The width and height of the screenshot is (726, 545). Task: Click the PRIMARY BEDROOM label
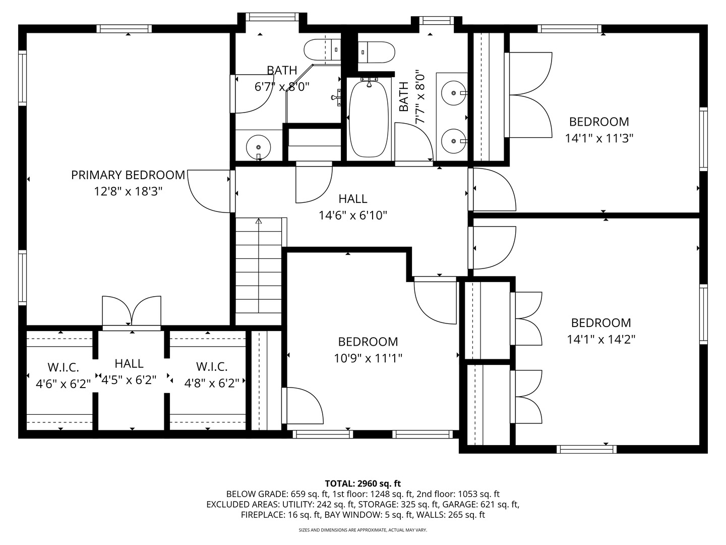(128, 175)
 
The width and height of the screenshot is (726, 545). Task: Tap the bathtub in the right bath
(369, 118)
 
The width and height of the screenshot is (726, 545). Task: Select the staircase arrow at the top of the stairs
(259, 221)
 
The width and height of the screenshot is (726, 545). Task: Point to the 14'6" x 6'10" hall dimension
(352, 216)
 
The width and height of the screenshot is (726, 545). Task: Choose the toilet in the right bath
(377, 52)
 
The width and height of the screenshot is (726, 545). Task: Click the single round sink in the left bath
(258, 147)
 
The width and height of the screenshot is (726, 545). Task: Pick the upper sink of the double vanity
(454, 93)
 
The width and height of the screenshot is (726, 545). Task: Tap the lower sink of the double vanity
(454, 141)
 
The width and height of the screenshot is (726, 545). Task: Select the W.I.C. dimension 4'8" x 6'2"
(212, 383)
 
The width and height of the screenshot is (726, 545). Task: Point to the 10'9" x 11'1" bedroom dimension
(368, 358)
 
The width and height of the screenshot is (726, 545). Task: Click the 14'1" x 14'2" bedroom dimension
(601, 340)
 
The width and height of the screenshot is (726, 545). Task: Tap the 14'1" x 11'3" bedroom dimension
(599, 138)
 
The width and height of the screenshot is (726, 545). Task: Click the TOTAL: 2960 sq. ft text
(363, 484)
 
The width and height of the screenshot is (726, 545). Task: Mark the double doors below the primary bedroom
(132, 311)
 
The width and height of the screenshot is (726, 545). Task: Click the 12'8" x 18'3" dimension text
(129, 192)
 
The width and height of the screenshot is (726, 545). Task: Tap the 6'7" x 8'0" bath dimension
(282, 87)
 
